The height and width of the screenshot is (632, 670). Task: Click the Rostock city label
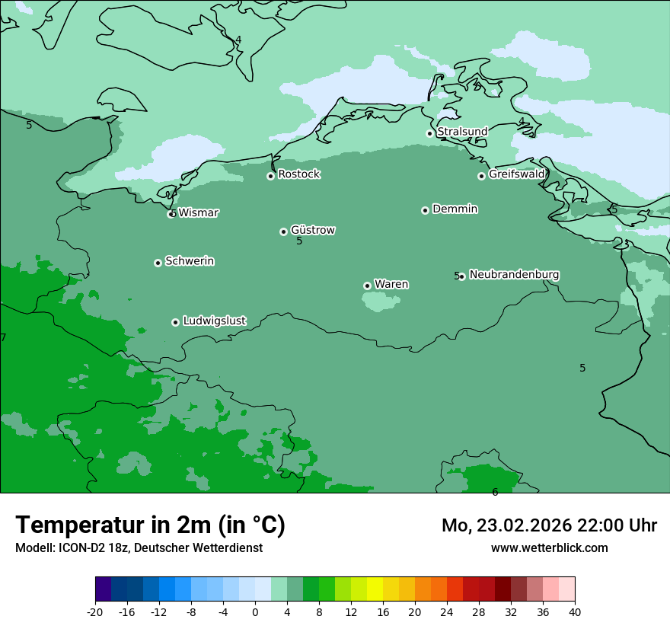coord(298,174)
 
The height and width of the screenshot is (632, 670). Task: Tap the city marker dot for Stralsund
coord(429,133)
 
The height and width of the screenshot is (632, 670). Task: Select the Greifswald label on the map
coord(516,174)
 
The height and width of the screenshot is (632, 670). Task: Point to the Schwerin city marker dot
coord(158,263)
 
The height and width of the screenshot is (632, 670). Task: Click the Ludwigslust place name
coord(214,321)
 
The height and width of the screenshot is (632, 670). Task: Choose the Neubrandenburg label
coord(514,275)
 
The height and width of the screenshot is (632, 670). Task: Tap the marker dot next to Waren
coord(367,286)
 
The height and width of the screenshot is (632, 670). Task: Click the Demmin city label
coord(455,209)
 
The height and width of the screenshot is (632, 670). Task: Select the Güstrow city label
coord(312,230)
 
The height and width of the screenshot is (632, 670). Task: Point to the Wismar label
coord(198,213)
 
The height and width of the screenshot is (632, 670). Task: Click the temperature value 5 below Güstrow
coord(299,241)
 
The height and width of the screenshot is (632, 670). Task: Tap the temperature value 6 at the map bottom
coord(495,493)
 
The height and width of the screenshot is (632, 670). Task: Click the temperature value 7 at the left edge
coord(3,337)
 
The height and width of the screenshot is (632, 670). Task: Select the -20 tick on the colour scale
coord(95,611)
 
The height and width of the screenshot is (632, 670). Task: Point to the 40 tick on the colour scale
coord(575,611)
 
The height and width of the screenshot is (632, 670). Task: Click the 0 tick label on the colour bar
coord(255,611)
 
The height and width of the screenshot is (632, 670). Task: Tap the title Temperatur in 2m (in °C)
coord(150,525)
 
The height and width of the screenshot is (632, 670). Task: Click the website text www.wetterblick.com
coord(549,548)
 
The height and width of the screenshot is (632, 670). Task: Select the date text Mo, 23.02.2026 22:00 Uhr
coord(549,525)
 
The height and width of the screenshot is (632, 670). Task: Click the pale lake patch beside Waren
coord(380,302)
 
